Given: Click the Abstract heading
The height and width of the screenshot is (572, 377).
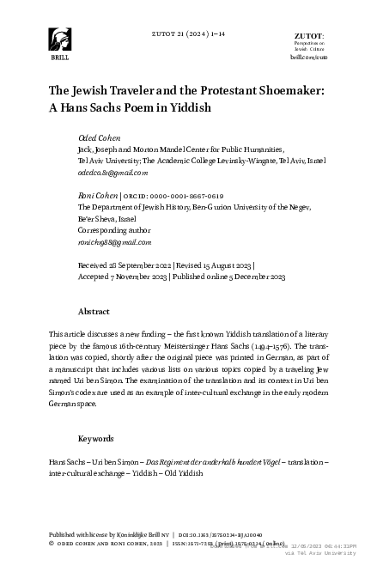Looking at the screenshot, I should pos(94,311).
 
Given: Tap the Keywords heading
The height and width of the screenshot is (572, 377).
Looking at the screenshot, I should pos(96,438).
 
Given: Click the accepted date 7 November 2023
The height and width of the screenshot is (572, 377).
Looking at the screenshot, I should pos(139,278).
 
